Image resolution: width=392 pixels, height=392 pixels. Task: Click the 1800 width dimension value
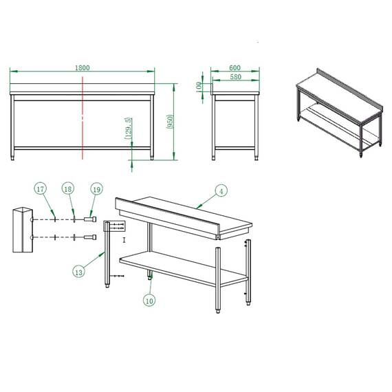[83, 67]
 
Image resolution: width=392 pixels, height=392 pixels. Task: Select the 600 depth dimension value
[235, 67]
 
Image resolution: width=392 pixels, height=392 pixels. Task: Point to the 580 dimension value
[235, 76]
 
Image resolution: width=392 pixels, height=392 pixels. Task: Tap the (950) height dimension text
[169, 123]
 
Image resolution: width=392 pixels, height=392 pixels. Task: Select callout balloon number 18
[67, 188]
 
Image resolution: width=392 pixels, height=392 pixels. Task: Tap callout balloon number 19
[95, 188]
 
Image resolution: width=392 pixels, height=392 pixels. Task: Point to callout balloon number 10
[149, 300]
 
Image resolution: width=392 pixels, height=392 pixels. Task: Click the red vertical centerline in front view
[83, 117]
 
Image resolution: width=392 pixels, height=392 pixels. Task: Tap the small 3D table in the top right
[338, 113]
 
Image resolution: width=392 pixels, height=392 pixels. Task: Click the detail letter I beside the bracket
[124, 240]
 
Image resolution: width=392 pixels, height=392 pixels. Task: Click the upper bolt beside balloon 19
[88, 220]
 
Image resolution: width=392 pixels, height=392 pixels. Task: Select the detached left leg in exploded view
[106, 258]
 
